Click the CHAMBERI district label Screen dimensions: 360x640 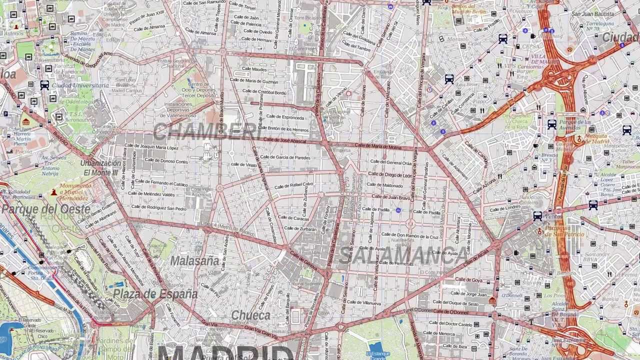pyautogui.click(x=206, y=131)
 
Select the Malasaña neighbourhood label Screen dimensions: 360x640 pyautogui.click(x=194, y=260)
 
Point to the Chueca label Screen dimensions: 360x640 pyautogui.click(x=250, y=315)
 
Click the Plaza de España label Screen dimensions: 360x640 pyautogui.click(x=155, y=294)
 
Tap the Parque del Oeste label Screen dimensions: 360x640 pyautogui.click(x=46, y=209)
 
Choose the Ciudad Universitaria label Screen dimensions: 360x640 pyautogui.click(x=80, y=85)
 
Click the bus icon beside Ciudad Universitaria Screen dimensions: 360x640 pyautogui.click(x=44, y=85)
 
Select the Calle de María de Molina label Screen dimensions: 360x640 pyautogui.click(x=378, y=146)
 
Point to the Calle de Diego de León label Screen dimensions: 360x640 pyautogui.click(x=391, y=175)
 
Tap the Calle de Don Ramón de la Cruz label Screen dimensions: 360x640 pyautogui.click(x=410, y=235)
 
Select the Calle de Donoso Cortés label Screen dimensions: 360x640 pyautogui.click(x=166, y=161)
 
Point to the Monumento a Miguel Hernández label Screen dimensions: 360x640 pyautogui.click(x=75, y=191)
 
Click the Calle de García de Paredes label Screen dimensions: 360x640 pyautogui.click(x=292, y=157)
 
